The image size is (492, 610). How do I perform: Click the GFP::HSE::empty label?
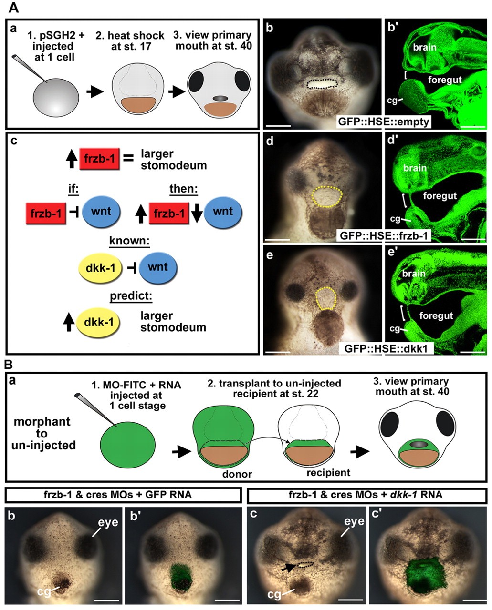tap(383, 122)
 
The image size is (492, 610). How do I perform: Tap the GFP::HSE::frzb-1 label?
tap(384, 235)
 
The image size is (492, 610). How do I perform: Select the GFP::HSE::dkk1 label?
tap(386, 348)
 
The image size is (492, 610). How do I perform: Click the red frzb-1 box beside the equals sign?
tap(99, 159)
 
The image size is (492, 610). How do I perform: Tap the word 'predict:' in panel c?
tap(131, 296)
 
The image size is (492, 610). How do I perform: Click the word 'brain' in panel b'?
tap(424, 47)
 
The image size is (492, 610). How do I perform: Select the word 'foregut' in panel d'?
tap(440, 195)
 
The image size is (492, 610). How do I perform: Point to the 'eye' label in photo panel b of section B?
tap(108, 522)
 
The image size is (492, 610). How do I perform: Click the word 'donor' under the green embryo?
tap(237, 474)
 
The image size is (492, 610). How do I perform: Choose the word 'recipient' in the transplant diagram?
tap(328, 473)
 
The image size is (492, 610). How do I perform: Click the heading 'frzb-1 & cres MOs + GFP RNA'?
tap(117, 495)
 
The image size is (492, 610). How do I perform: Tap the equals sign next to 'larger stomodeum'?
tap(128, 159)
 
